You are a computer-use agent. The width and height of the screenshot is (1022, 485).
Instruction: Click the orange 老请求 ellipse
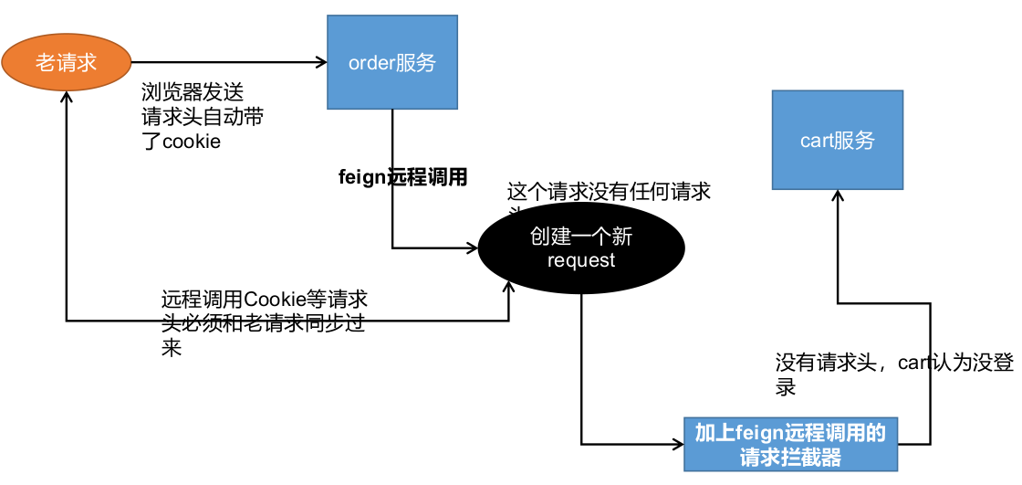tap(67, 62)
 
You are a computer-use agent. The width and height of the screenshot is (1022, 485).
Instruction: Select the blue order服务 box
tap(392, 63)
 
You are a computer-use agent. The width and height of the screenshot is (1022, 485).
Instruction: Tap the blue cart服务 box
tap(837, 140)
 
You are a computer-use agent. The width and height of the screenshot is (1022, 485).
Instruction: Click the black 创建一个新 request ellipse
tap(581, 248)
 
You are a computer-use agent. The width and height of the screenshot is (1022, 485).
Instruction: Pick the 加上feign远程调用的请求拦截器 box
tap(790, 445)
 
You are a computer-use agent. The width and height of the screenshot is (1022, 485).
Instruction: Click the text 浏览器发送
tap(193, 92)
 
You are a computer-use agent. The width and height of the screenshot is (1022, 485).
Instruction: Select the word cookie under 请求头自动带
tap(192, 142)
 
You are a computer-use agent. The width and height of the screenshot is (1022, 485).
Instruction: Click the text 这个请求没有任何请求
tap(609, 192)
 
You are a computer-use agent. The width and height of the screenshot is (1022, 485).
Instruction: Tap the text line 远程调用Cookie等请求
tap(265, 299)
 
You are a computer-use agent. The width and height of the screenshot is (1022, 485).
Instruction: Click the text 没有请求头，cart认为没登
tap(894, 363)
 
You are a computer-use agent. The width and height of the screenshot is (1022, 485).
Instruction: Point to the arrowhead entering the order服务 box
tap(322, 62)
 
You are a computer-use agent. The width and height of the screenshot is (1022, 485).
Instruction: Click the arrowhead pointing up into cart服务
tap(837, 196)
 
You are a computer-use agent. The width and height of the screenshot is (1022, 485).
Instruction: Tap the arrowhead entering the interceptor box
tap(678, 445)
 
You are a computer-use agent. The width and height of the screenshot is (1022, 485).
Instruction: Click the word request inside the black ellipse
tap(581, 261)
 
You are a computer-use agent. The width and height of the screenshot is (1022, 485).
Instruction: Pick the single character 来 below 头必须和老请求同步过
tap(172, 348)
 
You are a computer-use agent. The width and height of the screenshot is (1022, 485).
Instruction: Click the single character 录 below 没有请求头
tap(786, 386)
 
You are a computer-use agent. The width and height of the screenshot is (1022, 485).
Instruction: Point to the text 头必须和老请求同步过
tap(263, 323)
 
